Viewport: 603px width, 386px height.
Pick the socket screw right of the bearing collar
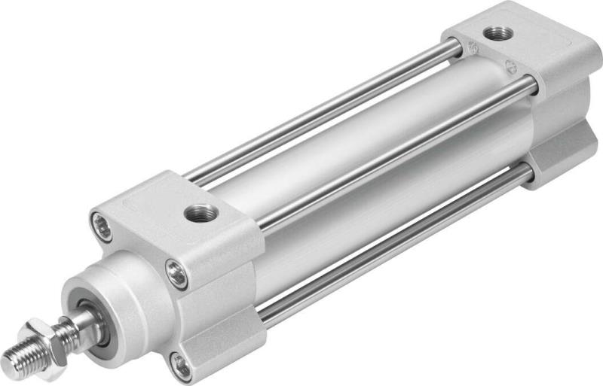[x=177, y=275]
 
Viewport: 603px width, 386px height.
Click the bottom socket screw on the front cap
[x=181, y=366]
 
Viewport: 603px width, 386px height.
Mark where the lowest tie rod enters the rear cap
[x=528, y=175]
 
